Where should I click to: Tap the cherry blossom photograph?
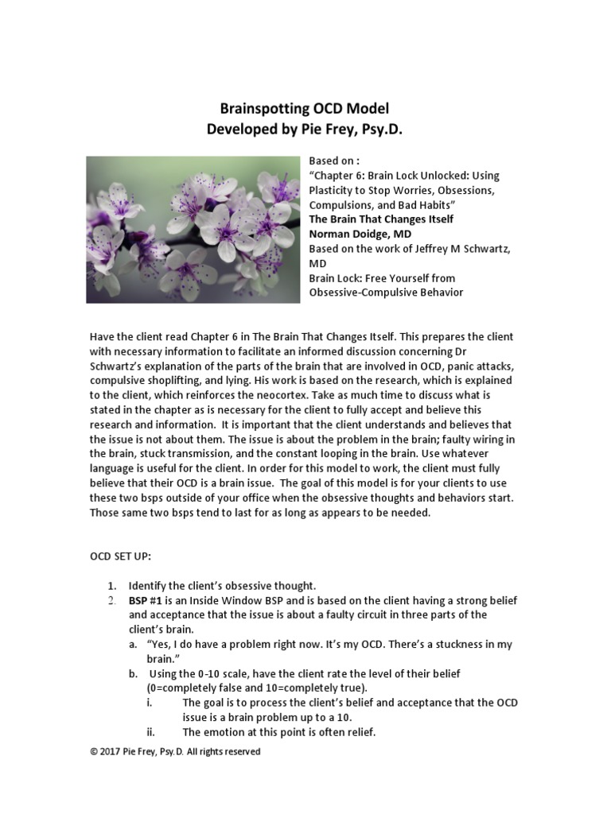[x=193, y=229]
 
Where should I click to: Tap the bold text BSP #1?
[x=146, y=600]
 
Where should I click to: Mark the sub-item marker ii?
[x=150, y=732]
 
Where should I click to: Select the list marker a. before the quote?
[x=133, y=644]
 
